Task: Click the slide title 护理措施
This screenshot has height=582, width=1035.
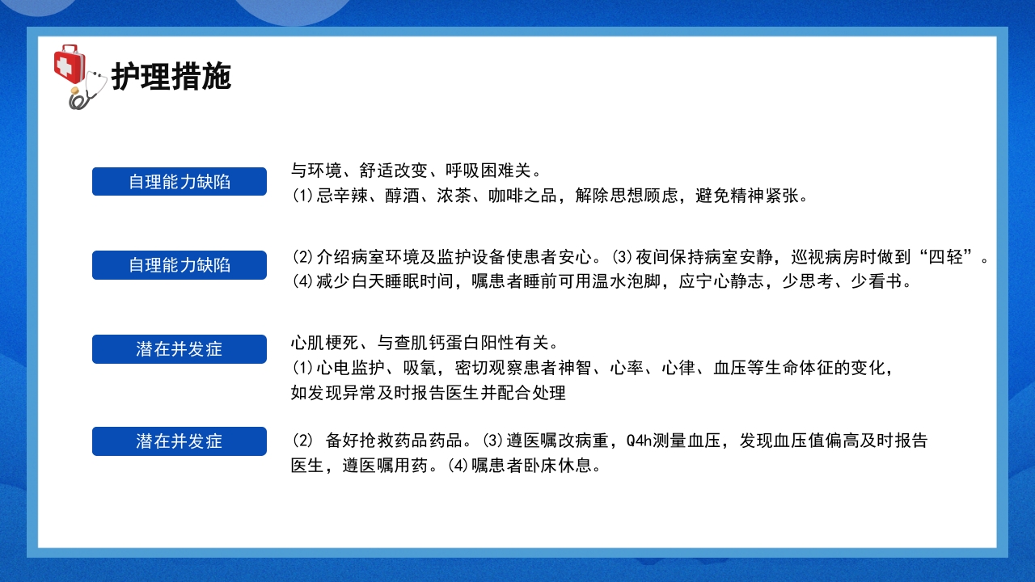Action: (171, 77)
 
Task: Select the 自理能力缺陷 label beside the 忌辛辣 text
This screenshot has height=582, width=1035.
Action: (180, 182)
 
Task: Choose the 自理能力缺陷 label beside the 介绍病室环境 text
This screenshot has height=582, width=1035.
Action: (180, 265)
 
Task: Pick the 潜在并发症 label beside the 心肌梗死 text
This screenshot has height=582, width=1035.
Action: (180, 349)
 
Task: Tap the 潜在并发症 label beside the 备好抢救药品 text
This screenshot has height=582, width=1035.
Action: (180, 441)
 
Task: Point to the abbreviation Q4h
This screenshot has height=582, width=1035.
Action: (639, 441)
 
